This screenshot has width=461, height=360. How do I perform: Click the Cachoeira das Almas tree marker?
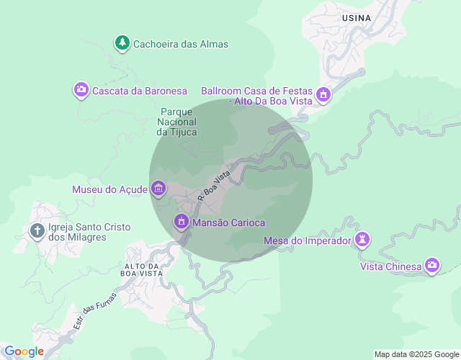[122, 43]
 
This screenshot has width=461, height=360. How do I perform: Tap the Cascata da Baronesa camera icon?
[81, 90]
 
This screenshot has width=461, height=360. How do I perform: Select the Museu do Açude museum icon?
[158, 189]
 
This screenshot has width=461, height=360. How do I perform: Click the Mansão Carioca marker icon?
[182, 222]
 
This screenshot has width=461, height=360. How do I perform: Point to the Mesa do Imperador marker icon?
[364, 240]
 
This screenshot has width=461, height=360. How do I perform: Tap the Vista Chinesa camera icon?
[432, 266]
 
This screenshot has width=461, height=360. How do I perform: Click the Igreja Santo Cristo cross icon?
[37, 232]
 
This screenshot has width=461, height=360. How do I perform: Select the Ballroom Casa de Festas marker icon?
[323, 94]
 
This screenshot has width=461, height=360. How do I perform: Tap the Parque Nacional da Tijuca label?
[176, 122]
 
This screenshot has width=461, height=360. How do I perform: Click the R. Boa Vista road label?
[214, 184]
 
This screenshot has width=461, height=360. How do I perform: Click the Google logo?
[24, 351]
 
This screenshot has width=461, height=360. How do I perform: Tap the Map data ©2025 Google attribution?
[416, 354]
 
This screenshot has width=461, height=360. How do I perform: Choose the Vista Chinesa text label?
[390, 267]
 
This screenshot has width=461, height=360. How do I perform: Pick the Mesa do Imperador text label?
[307, 240]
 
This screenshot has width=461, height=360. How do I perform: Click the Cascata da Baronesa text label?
[140, 91]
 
